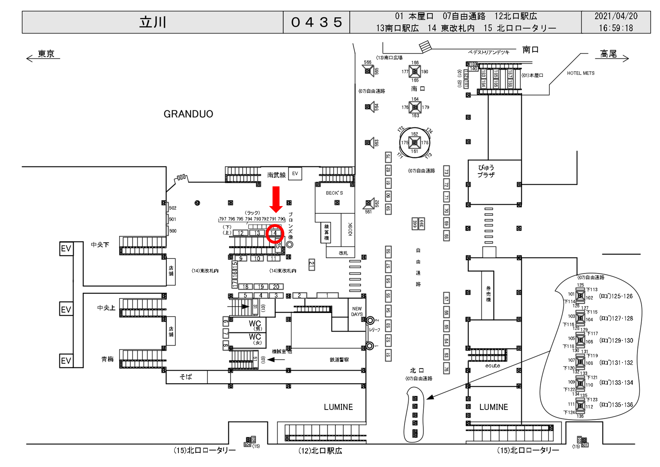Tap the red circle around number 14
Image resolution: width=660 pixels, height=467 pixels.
pyautogui.click(x=275, y=233)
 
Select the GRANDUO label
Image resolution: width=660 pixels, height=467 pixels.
pyautogui.click(x=188, y=114)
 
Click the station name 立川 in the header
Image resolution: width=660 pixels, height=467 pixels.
pyautogui.click(x=153, y=22)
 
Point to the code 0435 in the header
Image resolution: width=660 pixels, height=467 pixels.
pyautogui.click(x=316, y=22)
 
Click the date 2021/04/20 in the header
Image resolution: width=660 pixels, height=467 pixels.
pyautogui.click(x=616, y=16)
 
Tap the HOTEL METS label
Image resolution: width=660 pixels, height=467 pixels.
pyautogui.click(x=580, y=73)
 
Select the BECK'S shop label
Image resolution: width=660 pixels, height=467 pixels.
pyautogui.click(x=334, y=193)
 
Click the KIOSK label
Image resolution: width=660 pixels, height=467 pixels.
pyautogui.click(x=350, y=229)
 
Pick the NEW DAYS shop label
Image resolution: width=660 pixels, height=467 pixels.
pyautogui.click(x=357, y=311)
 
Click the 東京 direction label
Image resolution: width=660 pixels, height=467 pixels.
pyautogui.click(x=46, y=54)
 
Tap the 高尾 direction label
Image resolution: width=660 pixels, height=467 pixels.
pyautogui.click(x=608, y=54)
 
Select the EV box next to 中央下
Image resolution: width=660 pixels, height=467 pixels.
pyautogui.click(x=66, y=248)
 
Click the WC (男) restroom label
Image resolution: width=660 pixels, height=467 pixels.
pyautogui.click(x=255, y=325)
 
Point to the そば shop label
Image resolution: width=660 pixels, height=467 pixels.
pyautogui.click(x=186, y=377)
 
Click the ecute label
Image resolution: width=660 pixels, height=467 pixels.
pyautogui.click(x=492, y=366)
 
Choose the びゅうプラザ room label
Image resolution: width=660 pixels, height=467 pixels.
pyautogui.click(x=486, y=171)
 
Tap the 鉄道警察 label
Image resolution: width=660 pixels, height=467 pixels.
pyautogui.click(x=339, y=360)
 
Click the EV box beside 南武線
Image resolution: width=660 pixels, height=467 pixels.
pyautogui.click(x=295, y=174)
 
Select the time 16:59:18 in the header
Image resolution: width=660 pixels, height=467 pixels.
pyautogui.click(x=616, y=28)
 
